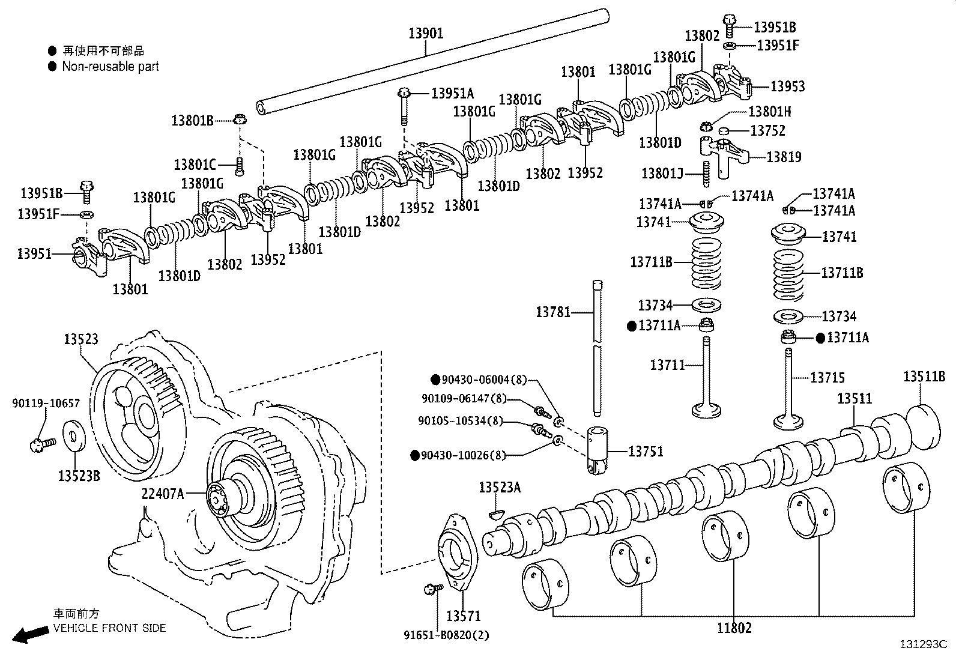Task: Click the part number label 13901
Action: tap(426, 34)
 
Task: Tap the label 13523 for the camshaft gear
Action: tap(81, 339)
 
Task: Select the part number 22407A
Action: tap(162, 494)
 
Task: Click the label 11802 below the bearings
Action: tap(734, 628)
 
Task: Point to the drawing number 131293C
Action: tap(922, 644)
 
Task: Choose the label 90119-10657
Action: tap(46, 404)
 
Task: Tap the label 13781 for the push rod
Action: tap(553, 312)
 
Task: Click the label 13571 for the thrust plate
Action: tap(464, 616)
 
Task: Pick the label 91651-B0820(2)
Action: tap(446, 635)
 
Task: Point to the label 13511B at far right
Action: tap(924, 377)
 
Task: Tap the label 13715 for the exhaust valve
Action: tap(827, 378)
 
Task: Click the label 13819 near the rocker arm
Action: tap(784, 157)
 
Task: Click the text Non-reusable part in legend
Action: tap(110, 67)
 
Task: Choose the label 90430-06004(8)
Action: tap(484, 380)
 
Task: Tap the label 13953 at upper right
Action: tap(787, 86)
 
